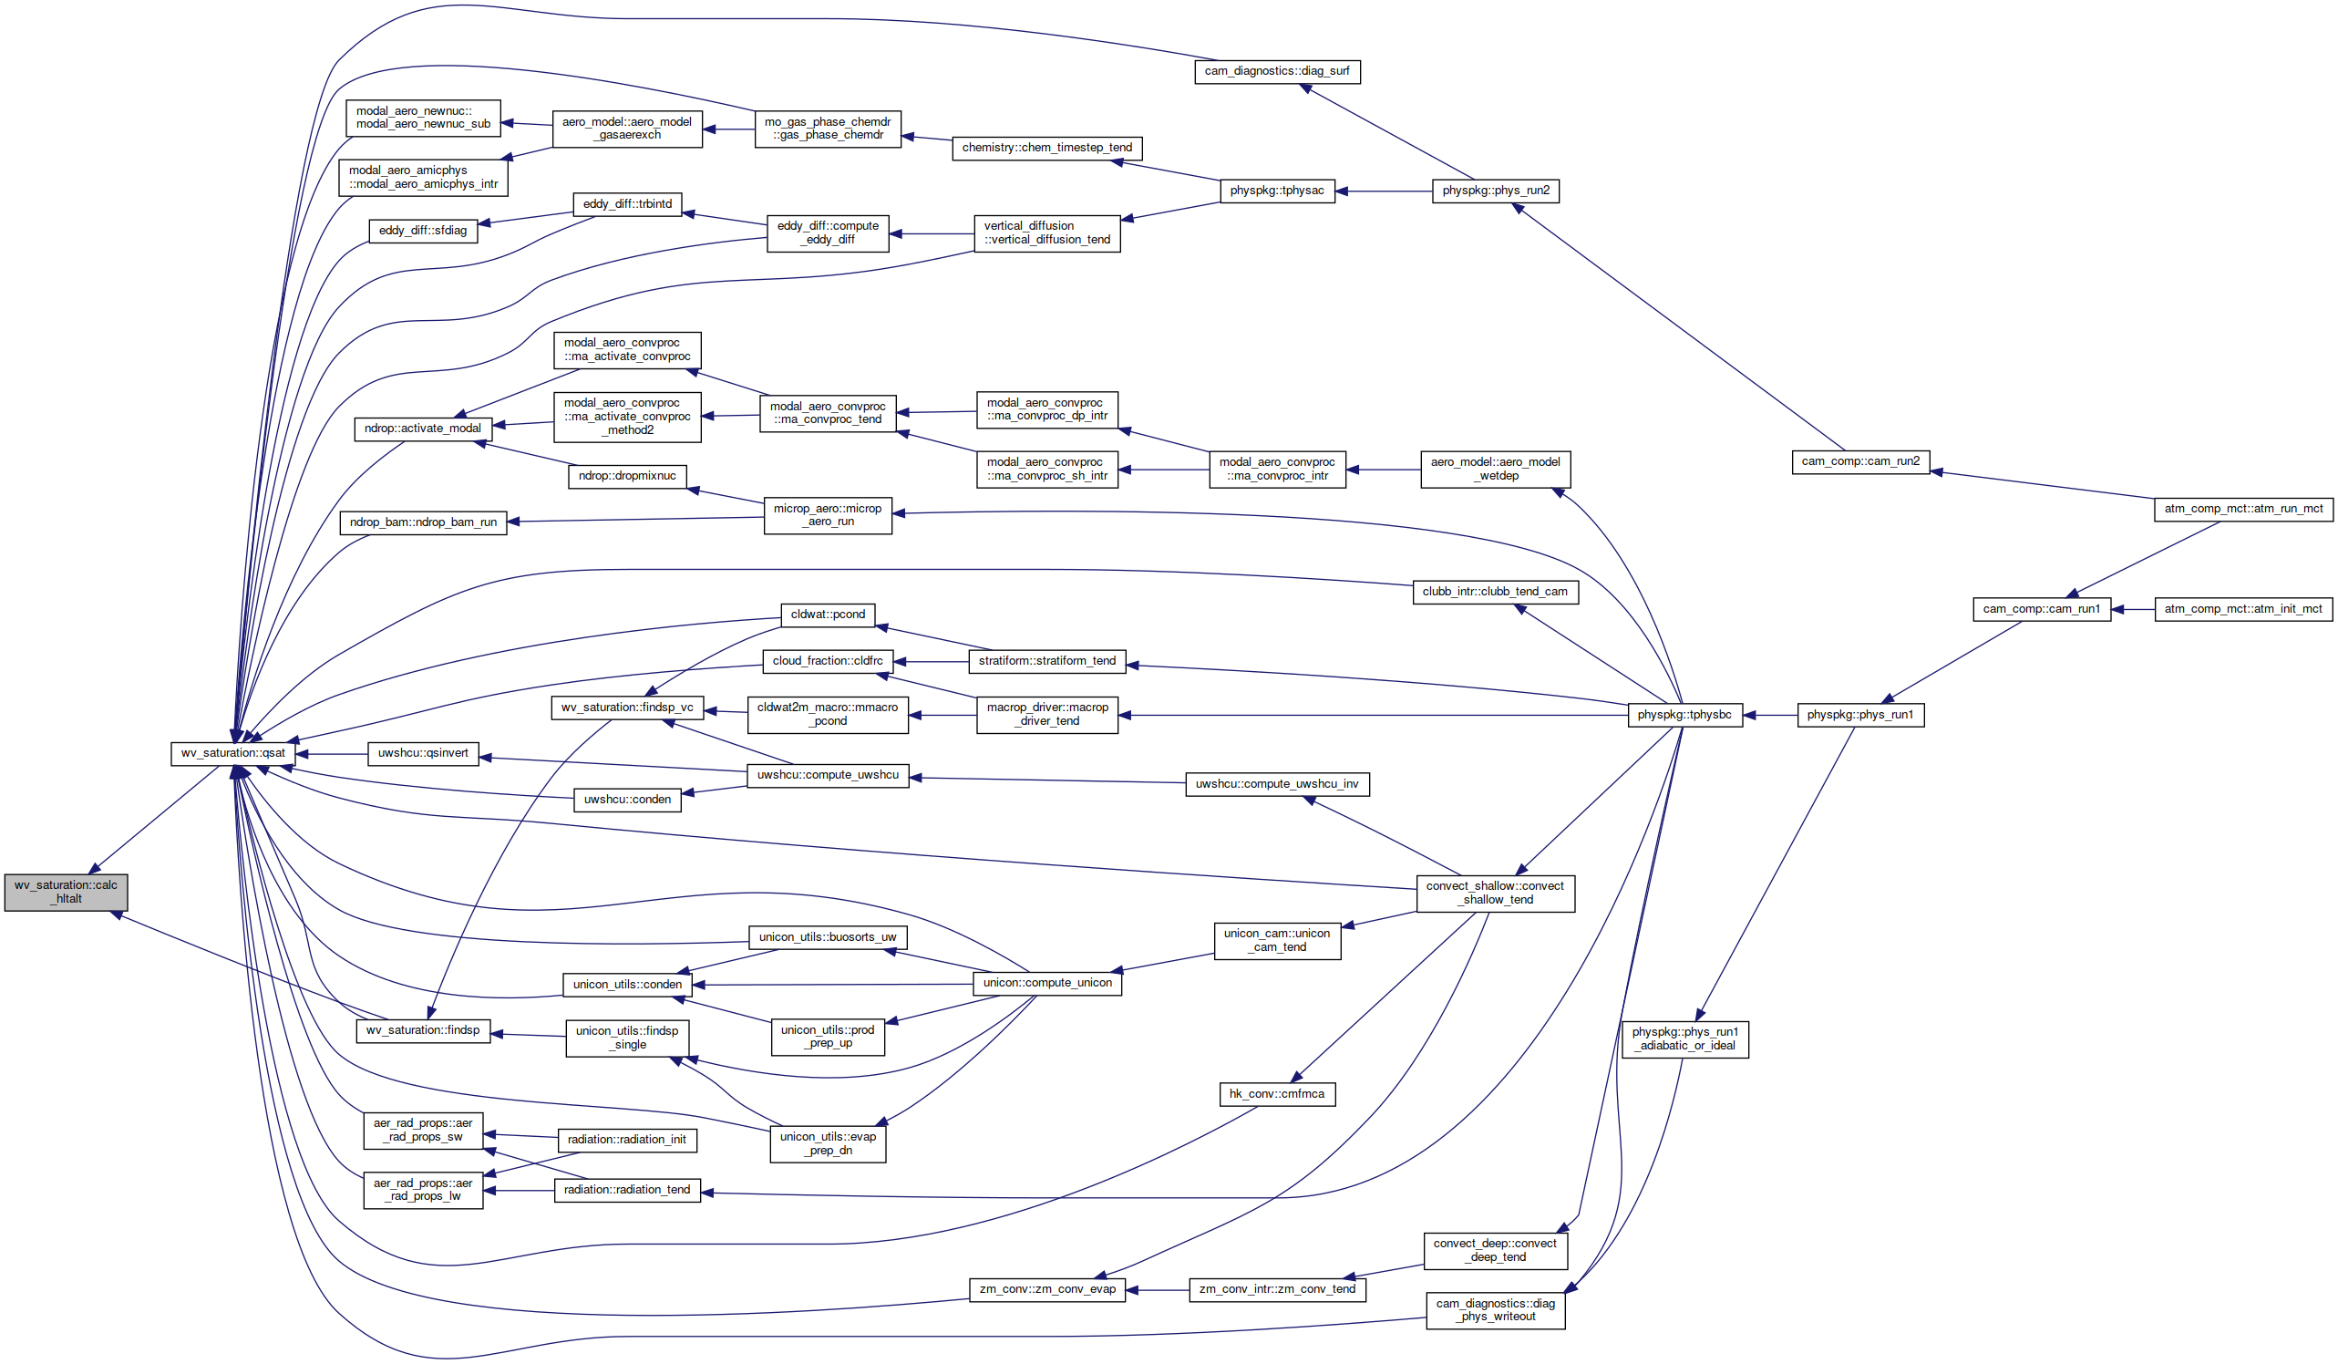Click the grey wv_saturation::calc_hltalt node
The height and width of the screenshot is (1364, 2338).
(x=66, y=892)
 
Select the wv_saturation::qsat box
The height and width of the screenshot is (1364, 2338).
(x=232, y=753)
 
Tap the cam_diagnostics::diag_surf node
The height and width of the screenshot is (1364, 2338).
(x=1277, y=71)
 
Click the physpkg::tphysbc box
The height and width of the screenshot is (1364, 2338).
(x=1684, y=716)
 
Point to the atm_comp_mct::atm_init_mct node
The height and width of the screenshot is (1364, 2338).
(x=2242, y=610)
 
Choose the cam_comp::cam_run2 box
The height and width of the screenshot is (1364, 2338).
(x=1860, y=462)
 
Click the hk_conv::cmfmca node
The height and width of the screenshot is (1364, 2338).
(x=1277, y=1095)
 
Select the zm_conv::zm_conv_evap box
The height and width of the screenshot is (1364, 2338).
(x=1047, y=1290)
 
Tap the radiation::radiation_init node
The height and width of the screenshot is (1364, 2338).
(x=627, y=1141)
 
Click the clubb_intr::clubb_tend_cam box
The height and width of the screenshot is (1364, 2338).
(x=1495, y=592)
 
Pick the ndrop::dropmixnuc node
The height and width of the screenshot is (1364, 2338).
(x=627, y=477)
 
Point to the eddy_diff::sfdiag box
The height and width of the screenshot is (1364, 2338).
(x=423, y=231)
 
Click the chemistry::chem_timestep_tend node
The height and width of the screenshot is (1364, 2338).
(x=1047, y=149)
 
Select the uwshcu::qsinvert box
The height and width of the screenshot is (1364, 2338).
(x=423, y=753)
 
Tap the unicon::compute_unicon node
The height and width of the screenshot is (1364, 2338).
(x=1047, y=984)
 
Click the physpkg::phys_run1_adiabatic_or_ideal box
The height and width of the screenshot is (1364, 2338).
(x=1684, y=1039)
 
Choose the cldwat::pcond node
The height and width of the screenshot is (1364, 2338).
(x=828, y=615)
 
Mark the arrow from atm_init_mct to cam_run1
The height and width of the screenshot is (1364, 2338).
(x=2133, y=610)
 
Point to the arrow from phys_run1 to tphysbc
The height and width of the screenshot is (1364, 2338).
(x=1770, y=716)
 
